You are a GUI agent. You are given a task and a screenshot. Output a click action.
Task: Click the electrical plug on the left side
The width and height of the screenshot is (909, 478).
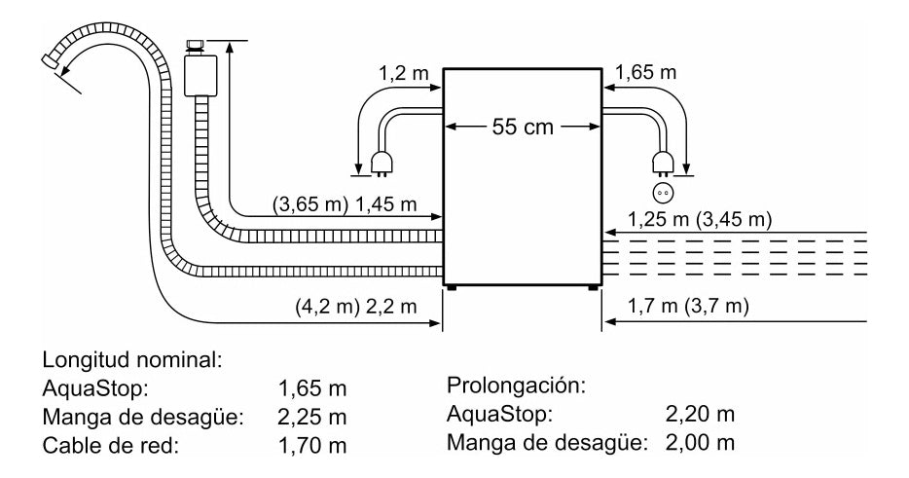[x=381, y=165]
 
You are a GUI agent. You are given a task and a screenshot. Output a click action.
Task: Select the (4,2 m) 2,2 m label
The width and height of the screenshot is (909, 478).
[x=355, y=306]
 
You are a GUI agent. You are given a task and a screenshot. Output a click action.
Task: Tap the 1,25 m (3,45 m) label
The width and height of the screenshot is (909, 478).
[x=700, y=219]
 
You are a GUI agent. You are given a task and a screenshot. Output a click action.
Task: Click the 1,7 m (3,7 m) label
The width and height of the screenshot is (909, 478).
[x=688, y=307]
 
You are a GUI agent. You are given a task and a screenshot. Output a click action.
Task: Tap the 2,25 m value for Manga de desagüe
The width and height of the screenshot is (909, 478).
[x=312, y=419]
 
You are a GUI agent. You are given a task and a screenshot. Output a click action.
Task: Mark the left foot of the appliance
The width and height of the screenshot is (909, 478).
[x=453, y=286]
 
